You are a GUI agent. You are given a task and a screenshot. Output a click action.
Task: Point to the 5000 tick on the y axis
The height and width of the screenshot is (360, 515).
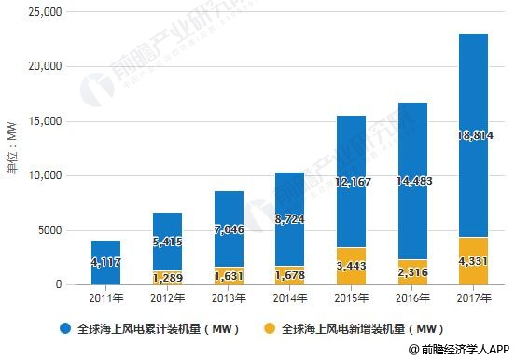[x=48, y=230]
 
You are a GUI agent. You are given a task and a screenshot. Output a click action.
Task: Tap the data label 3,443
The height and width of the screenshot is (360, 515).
[x=351, y=267]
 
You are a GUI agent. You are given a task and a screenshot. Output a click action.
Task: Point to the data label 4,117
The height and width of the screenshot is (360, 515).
[x=105, y=263]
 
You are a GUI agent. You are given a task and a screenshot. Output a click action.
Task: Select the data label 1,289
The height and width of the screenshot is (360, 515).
[x=167, y=277]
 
